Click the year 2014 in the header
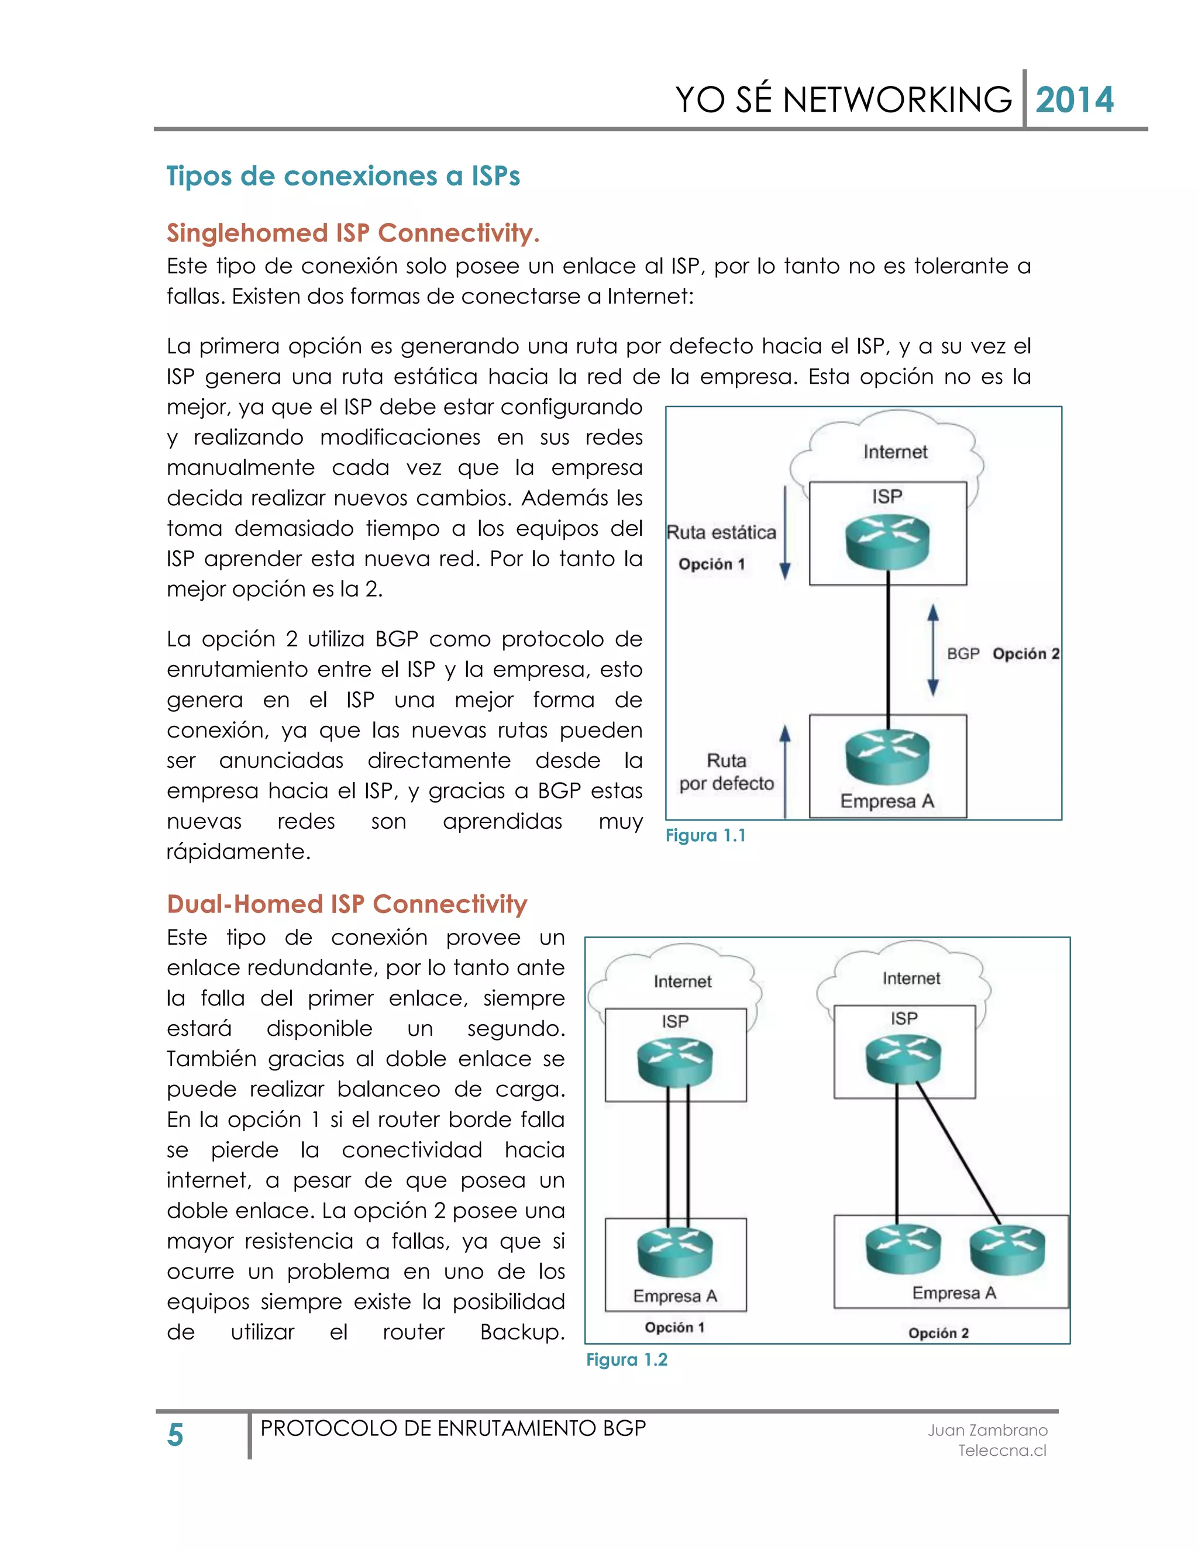pos(1074,100)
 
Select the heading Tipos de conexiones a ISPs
pos(343,176)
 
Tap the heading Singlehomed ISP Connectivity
pos(353,233)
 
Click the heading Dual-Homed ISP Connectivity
pos(347,904)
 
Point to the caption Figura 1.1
pos(705,835)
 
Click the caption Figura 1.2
pos(626,1360)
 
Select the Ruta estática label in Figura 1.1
pos(721,532)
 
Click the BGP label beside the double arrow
pos(963,654)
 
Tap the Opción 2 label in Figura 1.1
pos(1025,654)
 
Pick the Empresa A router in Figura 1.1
pos(887,756)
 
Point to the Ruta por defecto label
pos(726,772)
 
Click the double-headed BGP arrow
pos(932,650)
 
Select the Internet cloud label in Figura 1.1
pos(895,452)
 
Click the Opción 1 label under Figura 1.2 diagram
pos(674,1327)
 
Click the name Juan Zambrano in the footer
pos(987,1430)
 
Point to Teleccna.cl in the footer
pos(1001,1451)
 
